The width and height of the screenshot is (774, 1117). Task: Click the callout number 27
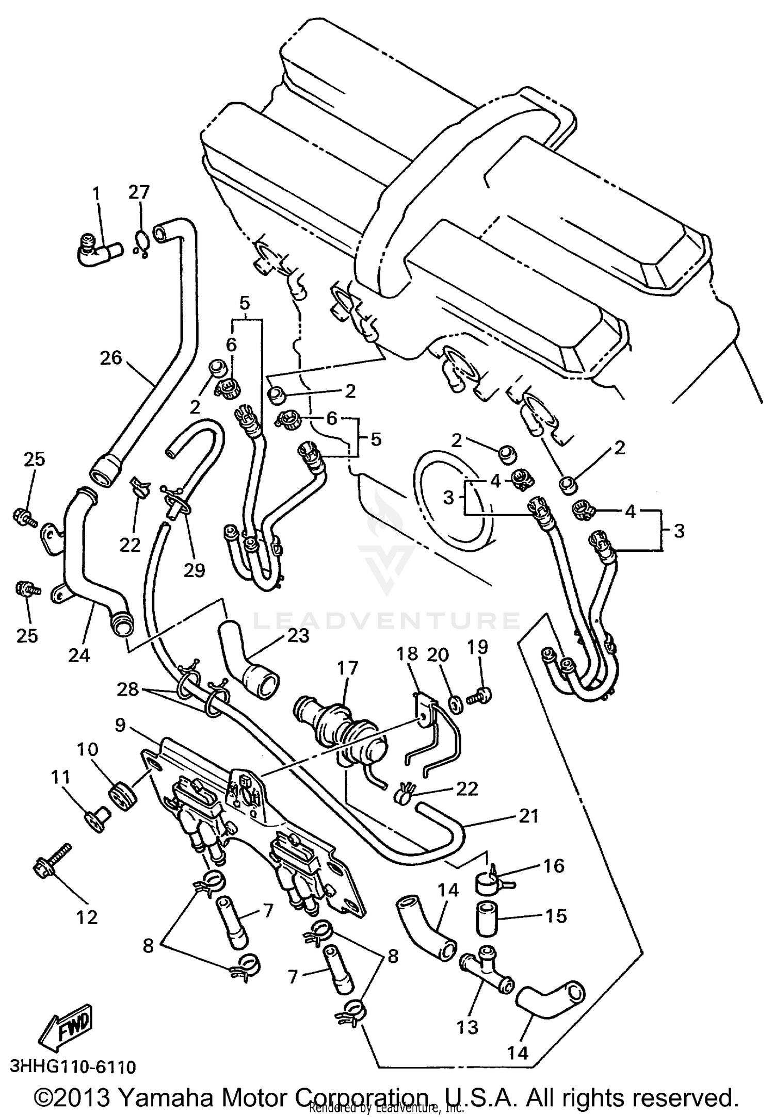click(x=139, y=192)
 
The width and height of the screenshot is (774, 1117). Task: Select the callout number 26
click(x=111, y=357)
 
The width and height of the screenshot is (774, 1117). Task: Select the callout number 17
click(x=347, y=668)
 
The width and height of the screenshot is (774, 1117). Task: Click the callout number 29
click(x=195, y=569)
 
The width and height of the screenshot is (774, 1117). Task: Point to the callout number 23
click(x=299, y=635)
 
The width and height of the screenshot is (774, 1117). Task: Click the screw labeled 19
click(x=479, y=696)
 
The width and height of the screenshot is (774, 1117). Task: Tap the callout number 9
click(x=120, y=725)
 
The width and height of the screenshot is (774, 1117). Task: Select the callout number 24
click(x=79, y=655)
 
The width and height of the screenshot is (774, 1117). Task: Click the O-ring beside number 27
click(x=142, y=240)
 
